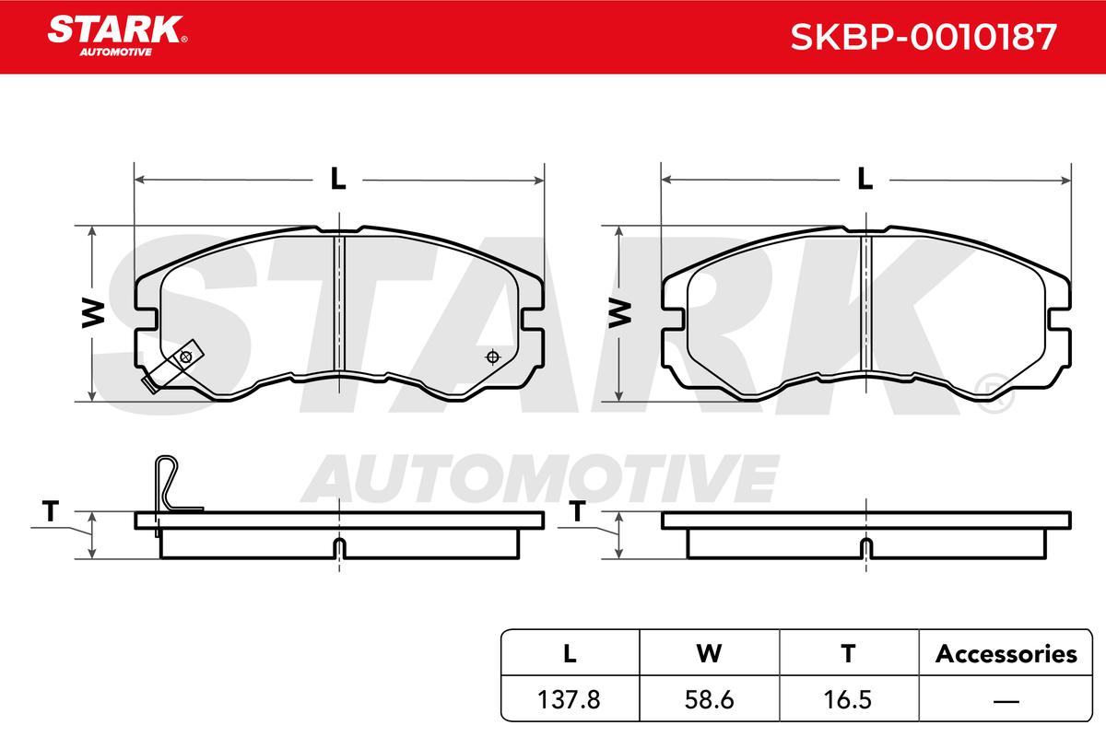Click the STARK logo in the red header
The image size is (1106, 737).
tap(117, 36)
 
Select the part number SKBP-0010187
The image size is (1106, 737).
tap(924, 37)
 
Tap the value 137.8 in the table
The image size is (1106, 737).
tap(569, 699)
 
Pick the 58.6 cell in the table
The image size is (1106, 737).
tap(709, 699)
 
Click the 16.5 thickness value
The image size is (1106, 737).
tap(848, 699)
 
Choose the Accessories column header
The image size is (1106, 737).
tap(1006, 654)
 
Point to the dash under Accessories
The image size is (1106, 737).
tap(1006, 701)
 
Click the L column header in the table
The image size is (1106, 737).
tap(570, 654)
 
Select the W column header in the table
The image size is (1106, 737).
tap(709, 654)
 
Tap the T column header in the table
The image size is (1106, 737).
tap(848, 654)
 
